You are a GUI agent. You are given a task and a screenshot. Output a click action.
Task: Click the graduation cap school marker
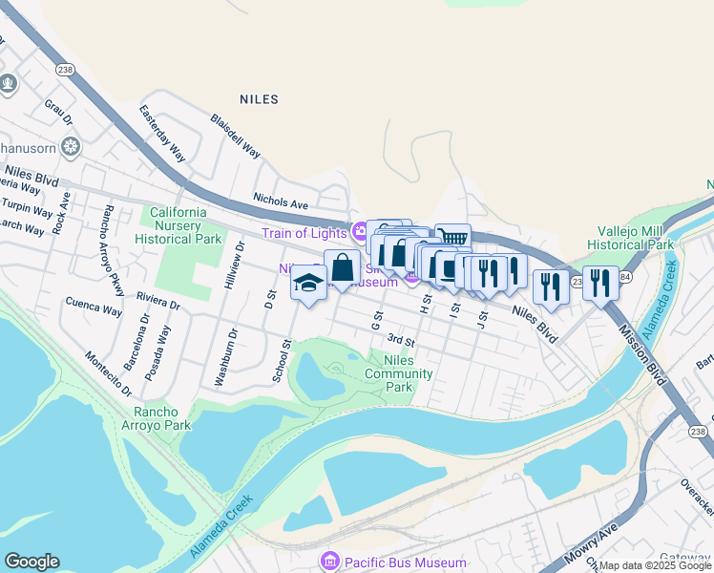(x=308, y=284)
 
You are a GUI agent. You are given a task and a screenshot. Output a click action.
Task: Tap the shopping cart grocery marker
(x=452, y=239)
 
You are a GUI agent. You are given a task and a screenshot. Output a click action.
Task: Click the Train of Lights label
(x=305, y=233)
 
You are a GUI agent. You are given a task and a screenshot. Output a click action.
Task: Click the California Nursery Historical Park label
(x=176, y=225)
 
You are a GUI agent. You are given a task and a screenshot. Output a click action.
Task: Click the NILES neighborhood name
(x=259, y=99)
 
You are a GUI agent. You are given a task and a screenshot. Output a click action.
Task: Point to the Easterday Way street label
(x=161, y=130)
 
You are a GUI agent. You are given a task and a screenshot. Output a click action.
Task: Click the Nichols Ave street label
(x=281, y=202)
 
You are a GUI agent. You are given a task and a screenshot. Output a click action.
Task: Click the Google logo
(x=31, y=562)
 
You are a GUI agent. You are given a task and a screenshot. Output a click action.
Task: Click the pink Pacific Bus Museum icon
(x=330, y=562)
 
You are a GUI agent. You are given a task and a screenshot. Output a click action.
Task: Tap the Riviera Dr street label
(x=158, y=302)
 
